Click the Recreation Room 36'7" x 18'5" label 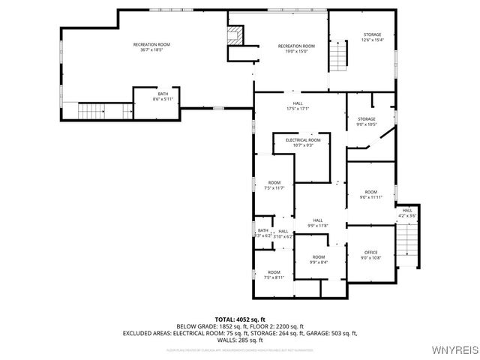(x=151, y=47)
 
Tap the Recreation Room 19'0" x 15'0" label (x=296, y=49)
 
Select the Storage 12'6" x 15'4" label (x=372, y=37)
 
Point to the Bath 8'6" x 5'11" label (x=163, y=96)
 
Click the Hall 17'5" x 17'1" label (x=297, y=106)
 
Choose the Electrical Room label (x=302, y=142)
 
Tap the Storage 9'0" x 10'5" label (x=366, y=121)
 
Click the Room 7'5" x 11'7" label (x=274, y=185)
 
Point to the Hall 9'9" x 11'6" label (x=318, y=222)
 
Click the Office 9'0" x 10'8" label (x=370, y=255)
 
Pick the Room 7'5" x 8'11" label (x=274, y=274)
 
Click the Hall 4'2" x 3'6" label (x=406, y=213)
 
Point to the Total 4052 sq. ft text (x=240, y=319)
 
